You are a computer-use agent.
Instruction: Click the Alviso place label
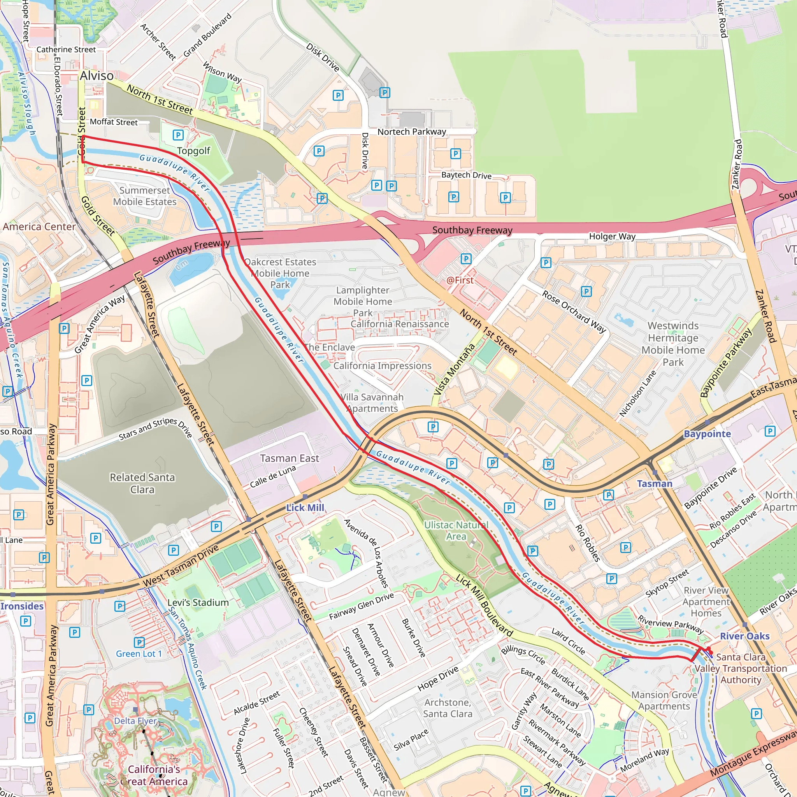tap(97, 76)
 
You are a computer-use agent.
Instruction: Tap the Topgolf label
tap(193, 151)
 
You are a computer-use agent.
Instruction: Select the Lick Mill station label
tap(305, 508)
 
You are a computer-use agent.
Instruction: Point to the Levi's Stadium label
tap(198, 603)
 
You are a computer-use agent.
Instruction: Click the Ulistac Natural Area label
tap(456, 530)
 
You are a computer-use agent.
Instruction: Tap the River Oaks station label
tap(744, 636)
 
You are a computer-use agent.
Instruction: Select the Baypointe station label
tap(707, 434)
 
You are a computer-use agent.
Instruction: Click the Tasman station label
tap(654, 483)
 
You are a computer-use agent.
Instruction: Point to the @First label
tap(460, 280)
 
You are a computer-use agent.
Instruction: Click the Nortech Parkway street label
tap(412, 132)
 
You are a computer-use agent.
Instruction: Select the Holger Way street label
tap(612, 236)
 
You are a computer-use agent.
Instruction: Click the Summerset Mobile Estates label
tap(145, 196)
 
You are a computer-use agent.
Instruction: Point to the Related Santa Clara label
tap(142, 483)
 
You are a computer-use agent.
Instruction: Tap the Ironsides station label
tap(22, 606)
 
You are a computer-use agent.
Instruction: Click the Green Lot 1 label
tap(139, 654)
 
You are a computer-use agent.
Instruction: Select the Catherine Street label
tap(66, 49)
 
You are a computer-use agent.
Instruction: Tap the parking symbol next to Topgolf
tap(178, 135)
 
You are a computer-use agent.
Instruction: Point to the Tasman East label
tap(290, 458)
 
